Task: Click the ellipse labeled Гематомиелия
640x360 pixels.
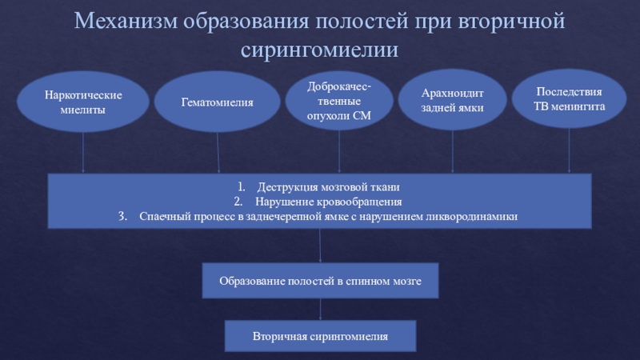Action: point(218,102)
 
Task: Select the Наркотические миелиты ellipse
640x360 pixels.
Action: point(83,102)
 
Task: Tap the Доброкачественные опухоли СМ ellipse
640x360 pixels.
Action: point(339,101)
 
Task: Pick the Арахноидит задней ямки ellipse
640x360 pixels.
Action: point(453,101)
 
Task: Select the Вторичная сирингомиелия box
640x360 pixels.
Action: point(320,337)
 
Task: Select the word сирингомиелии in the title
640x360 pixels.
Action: point(319,50)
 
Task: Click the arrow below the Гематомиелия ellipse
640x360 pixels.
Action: point(218,152)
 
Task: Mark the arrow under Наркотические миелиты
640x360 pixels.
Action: point(83,152)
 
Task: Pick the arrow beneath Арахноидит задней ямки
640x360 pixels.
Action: point(453,152)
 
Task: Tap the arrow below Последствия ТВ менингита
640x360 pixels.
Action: point(569,152)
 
